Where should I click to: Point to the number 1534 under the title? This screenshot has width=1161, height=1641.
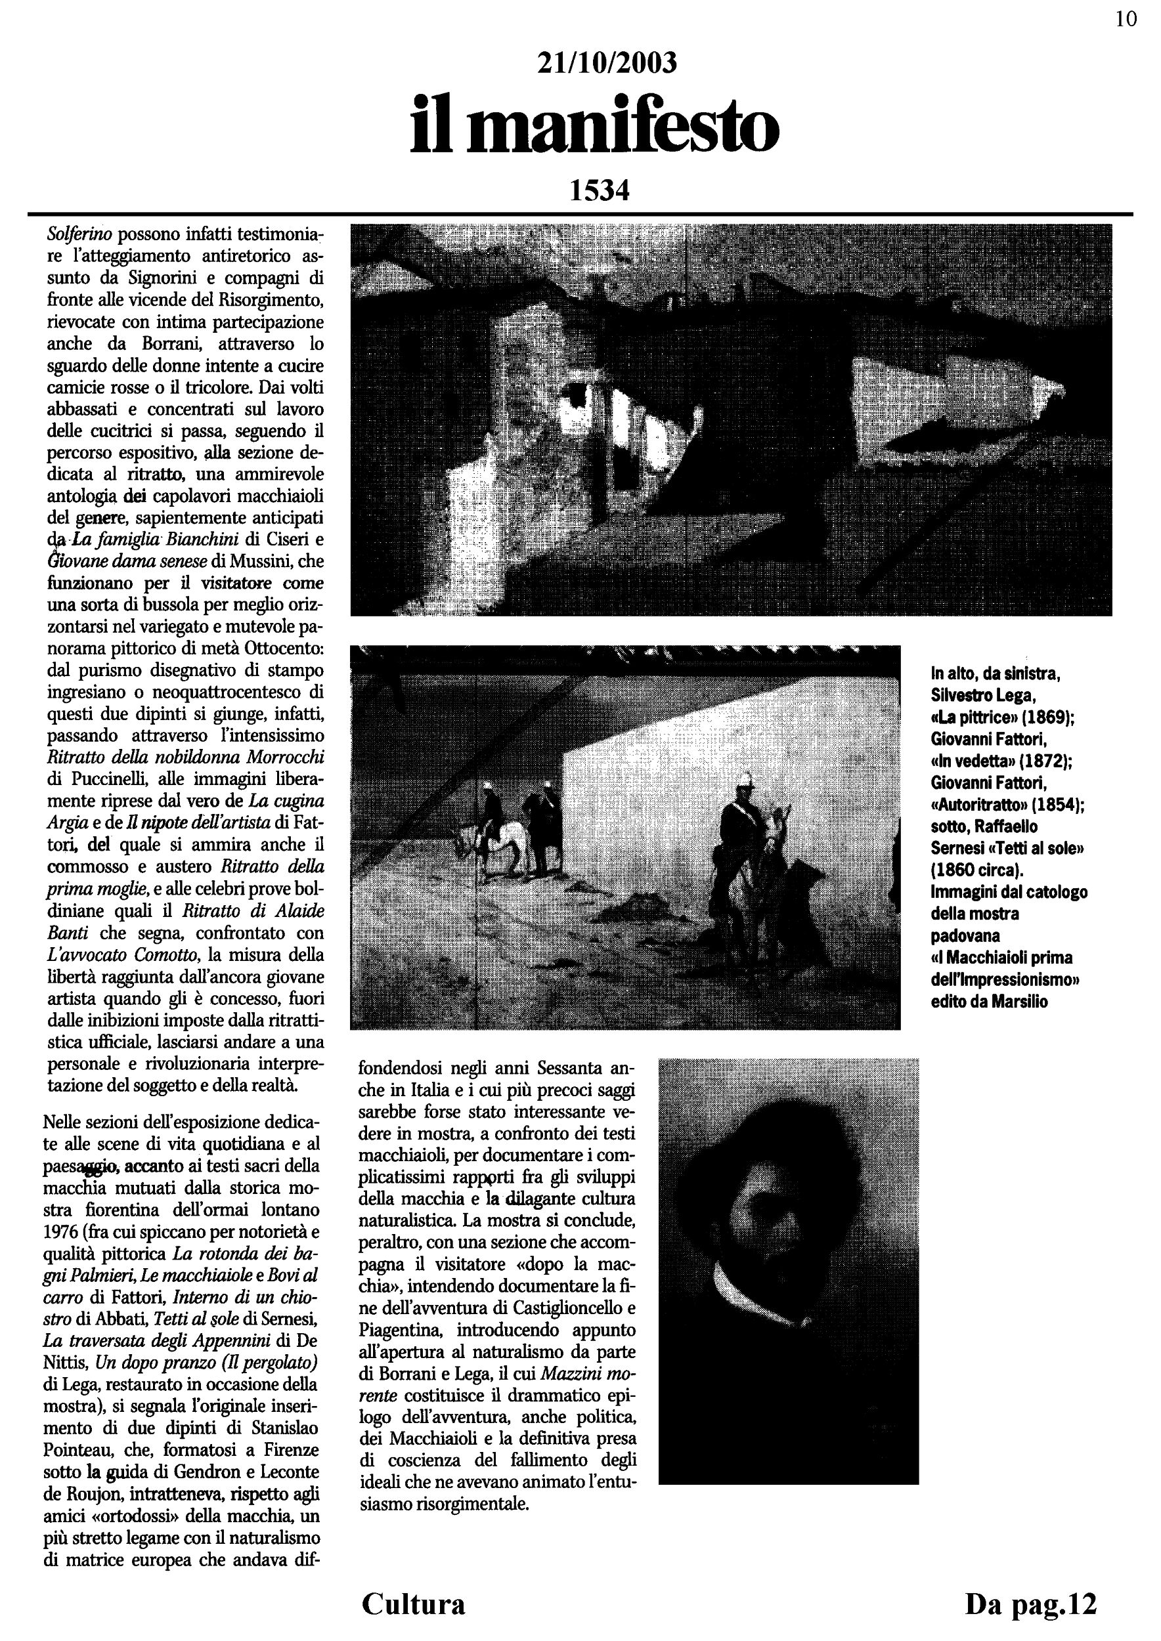[x=599, y=191]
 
